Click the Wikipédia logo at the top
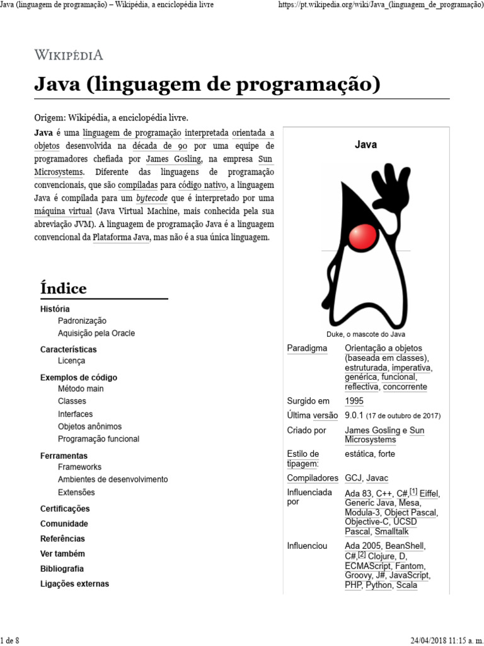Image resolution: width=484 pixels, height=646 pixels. click(69, 54)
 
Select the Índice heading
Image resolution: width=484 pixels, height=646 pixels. click(64, 288)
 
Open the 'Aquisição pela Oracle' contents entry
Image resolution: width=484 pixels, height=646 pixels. click(96, 333)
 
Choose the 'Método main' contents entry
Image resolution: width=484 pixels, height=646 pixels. click(81, 389)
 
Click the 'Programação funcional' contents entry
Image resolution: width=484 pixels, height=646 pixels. click(98, 439)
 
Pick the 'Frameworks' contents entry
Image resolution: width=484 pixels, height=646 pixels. click(79, 467)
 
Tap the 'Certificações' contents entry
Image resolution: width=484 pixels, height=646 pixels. click(65, 508)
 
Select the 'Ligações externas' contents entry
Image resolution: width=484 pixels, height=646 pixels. click(74, 584)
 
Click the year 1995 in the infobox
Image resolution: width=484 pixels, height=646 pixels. click(354, 401)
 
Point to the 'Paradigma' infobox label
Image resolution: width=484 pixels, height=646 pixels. click(307, 348)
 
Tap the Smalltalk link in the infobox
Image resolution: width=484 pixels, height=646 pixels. click(391, 532)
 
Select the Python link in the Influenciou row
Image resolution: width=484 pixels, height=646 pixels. click(379, 585)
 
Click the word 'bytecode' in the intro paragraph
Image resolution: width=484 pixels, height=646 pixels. click(156, 197)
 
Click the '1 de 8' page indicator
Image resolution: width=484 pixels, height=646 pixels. click(10, 641)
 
